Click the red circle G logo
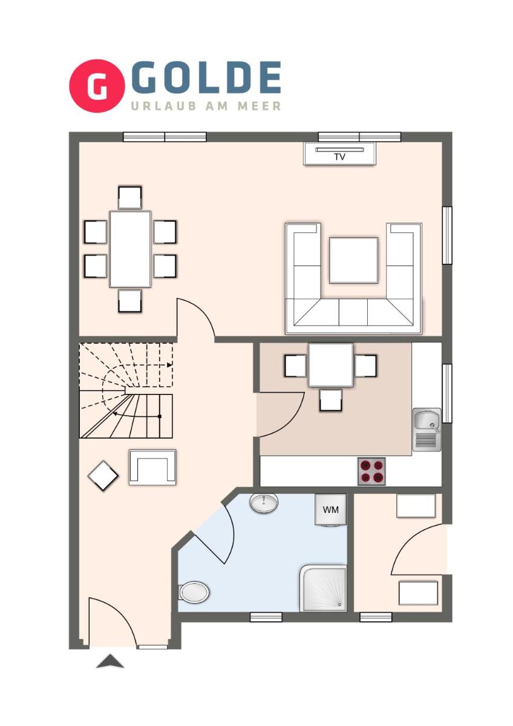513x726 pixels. pyautogui.click(x=97, y=85)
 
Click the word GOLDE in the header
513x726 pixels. pyautogui.click(x=206, y=78)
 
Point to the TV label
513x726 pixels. pyautogui.click(x=339, y=157)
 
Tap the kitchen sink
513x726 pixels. pyautogui.click(x=426, y=430)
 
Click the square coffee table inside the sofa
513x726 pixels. pyautogui.click(x=353, y=261)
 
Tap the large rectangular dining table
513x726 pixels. pyautogui.click(x=130, y=249)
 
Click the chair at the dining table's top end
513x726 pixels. pyautogui.click(x=129, y=197)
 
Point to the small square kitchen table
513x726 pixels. pyautogui.click(x=330, y=365)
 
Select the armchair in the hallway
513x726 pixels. pyautogui.click(x=152, y=467)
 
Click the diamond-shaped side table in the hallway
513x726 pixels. pyautogui.click(x=103, y=476)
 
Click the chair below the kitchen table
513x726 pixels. pyautogui.click(x=330, y=401)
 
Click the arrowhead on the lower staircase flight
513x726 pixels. pyautogui.click(x=115, y=413)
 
